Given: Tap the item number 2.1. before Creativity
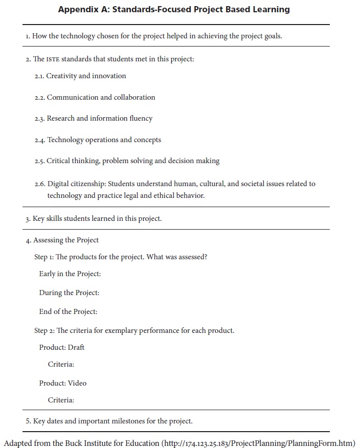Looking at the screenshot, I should tap(39, 76).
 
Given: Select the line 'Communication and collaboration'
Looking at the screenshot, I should tap(101, 97).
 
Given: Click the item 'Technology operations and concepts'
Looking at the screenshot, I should tap(104, 140).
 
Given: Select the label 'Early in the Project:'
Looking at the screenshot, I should tap(70, 274).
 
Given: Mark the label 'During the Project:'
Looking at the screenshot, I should tap(70, 293).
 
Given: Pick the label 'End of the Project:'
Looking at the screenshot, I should tap(68, 311).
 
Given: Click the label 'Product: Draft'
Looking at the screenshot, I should tap(62, 347).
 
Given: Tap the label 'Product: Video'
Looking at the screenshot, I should tap(63, 383).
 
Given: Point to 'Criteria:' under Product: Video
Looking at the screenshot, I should tap(61, 400).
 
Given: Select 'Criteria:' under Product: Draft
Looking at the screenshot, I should tap(61, 365).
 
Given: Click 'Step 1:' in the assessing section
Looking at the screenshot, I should tap(44, 257).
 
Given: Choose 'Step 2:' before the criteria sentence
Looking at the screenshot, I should tap(44, 330).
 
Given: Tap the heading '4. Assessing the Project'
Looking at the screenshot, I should tap(62, 240).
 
